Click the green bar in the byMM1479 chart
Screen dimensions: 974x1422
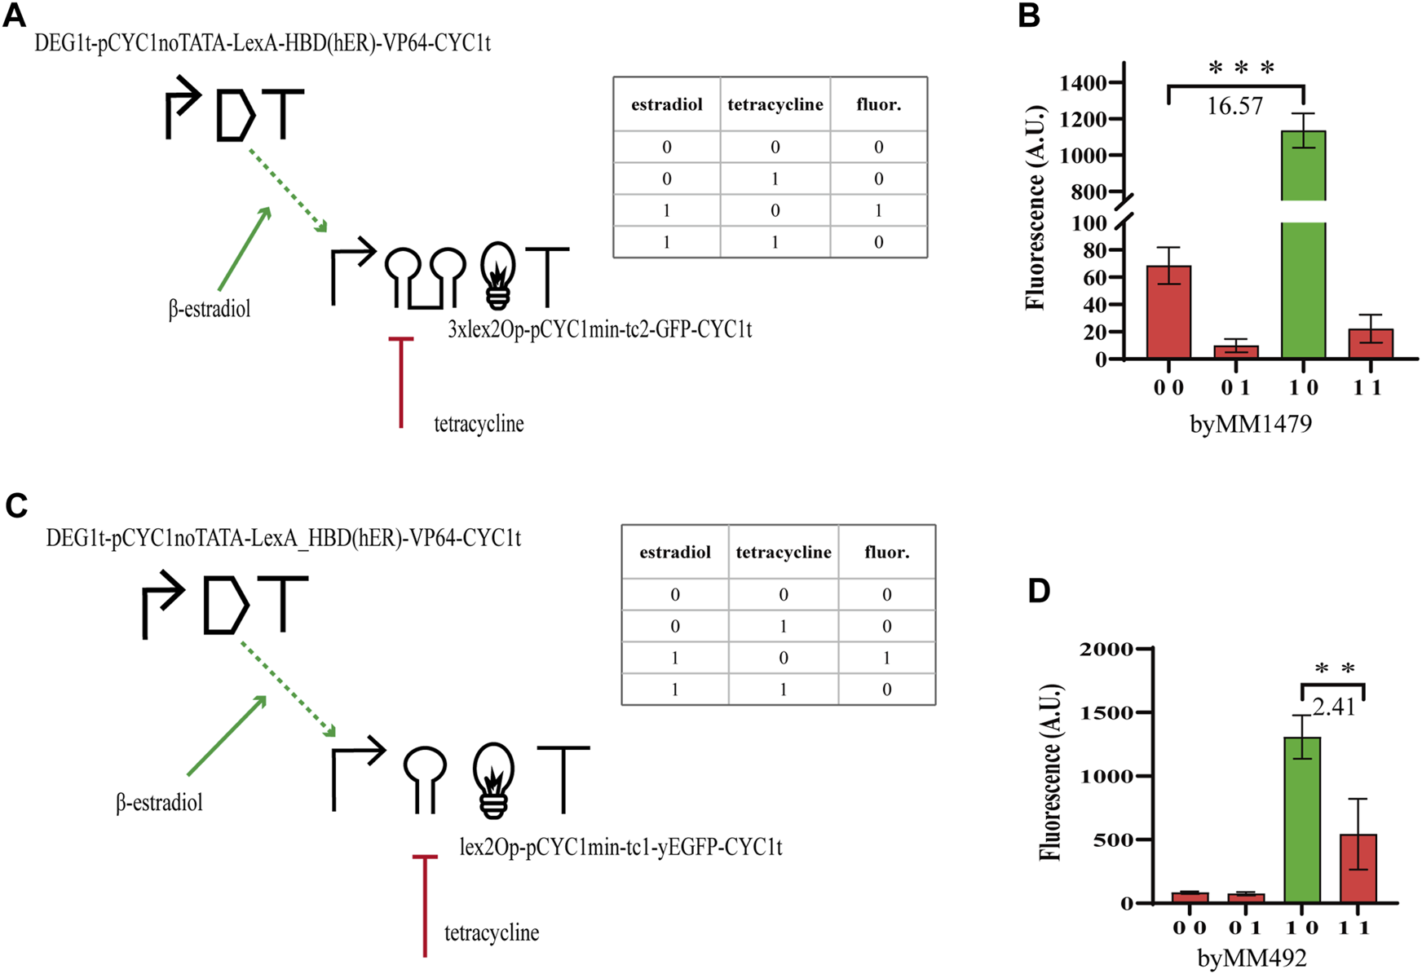pos(1303,245)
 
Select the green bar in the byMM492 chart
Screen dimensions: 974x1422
pos(1302,819)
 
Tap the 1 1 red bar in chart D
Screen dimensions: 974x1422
pos(1358,868)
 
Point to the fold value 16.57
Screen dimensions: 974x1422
pos(1234,106)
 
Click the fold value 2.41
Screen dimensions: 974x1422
pos(1334,707)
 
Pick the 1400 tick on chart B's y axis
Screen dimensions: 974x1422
pos(1083,82)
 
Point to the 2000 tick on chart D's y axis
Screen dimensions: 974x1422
pos(1106,649)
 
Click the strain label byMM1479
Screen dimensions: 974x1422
pos(1251,424)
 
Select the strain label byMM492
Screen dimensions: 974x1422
pos(1252,959)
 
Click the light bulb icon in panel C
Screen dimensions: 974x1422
pos(494,779)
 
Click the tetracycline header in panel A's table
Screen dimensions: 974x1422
pos(775,105)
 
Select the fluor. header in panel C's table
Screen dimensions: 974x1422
pos(886,553)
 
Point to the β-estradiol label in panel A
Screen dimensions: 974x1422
pos(210,310)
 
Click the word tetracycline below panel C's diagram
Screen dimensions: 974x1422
pos(492,932)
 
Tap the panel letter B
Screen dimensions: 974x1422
pos(1029,15)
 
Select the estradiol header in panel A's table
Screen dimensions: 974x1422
pos(666,105)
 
